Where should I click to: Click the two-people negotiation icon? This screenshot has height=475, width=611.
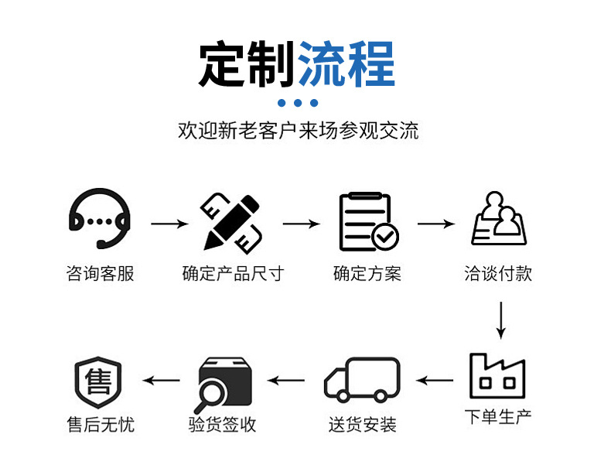pyautogui.click(x=499, y=220)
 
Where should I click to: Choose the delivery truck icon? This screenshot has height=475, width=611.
pyautogui.click(x=362, y=379)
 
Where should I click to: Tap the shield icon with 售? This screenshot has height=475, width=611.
pyautogui.click(x=99, y=382)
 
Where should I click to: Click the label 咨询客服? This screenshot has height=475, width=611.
pyautogui.click(x=100, y=274)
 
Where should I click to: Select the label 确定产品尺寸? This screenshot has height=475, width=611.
pyautogui.click(x=233, y=274)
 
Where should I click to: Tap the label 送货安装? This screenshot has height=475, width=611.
pyautogui.click(x=362, y=425)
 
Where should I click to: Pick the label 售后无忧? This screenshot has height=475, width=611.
pyautogui.click(x=100, y=425)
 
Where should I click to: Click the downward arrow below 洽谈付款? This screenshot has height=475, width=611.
pyautogui.click(x=500, y=320)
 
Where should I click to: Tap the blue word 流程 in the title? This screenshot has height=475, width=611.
pyautogui.click(x=346, y=63)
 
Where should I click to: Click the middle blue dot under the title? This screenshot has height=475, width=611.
pyautogui.click(x=298, y=103)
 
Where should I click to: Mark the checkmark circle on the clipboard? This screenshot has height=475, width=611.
pyautogui.click(x=384, y=236)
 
